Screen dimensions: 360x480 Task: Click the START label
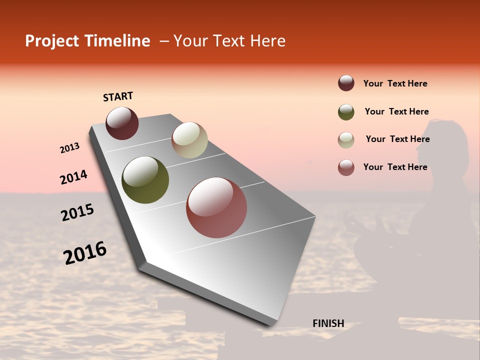coord(118,96)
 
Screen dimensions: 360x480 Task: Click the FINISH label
coord(328,323)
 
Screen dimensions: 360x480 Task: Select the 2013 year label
coord(69,148)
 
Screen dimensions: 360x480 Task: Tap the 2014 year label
coord(73,177)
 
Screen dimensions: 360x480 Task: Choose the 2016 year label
coord(85,253)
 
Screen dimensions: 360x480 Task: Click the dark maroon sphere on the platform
coord(122,123)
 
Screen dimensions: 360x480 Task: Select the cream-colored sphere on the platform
coord(189,140)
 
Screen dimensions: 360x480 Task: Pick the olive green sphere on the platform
coord(145,180)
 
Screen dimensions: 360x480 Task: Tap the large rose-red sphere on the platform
coord(216,207)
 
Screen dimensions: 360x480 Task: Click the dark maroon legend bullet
coord(346,83)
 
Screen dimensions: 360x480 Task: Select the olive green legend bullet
coord(346,112)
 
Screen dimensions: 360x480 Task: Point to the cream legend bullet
coord(346,140)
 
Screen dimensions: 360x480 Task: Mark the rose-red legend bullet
coord(346,167)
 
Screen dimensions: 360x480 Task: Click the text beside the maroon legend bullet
coord(395,83)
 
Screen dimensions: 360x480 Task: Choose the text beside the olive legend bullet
coord(396,111)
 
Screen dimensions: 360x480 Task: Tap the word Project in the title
coord(52,41)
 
